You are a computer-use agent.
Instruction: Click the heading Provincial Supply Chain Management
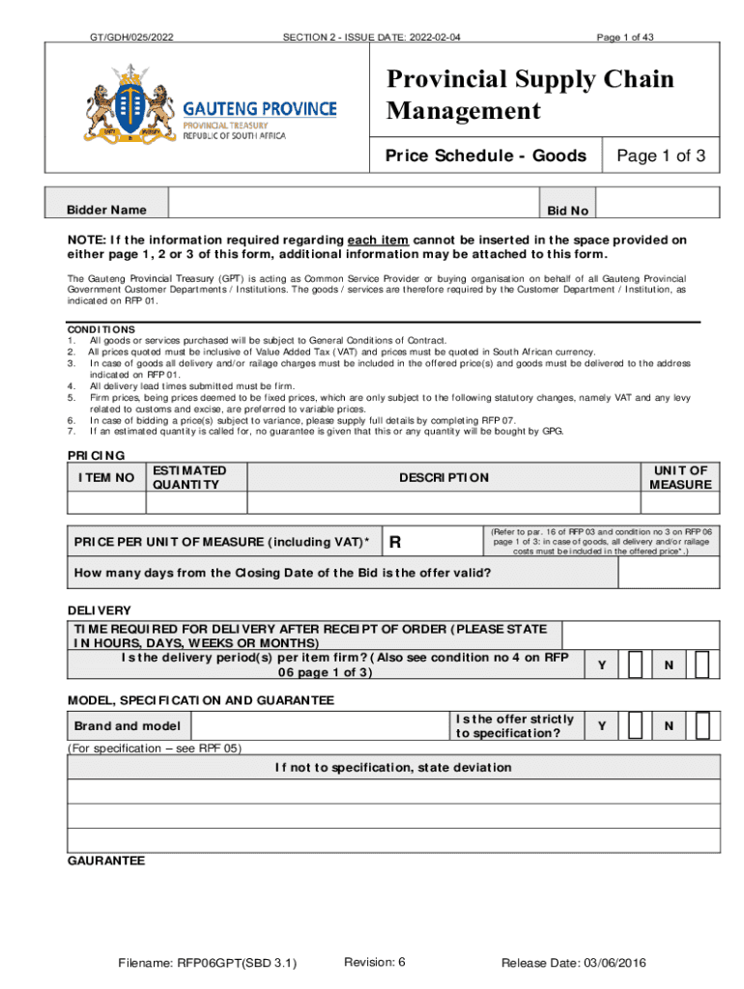click(529, 95)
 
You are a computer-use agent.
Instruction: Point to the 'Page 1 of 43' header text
click(625, 38)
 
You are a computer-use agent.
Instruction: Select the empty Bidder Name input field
click(352, 203)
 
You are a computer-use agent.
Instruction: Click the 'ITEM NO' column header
click(105, 477)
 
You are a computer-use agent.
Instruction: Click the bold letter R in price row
click(394, 543)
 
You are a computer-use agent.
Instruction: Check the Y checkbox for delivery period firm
click(636, 664)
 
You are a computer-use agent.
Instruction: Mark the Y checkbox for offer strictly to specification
click(636, 725)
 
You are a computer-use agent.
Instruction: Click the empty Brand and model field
click(319, 726)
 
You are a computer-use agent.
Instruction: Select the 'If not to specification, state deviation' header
click(393, 768)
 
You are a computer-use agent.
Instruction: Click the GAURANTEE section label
click(105, 860)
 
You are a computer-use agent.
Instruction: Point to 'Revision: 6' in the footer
click(374, 962)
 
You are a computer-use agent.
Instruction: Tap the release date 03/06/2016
click(574, 963)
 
